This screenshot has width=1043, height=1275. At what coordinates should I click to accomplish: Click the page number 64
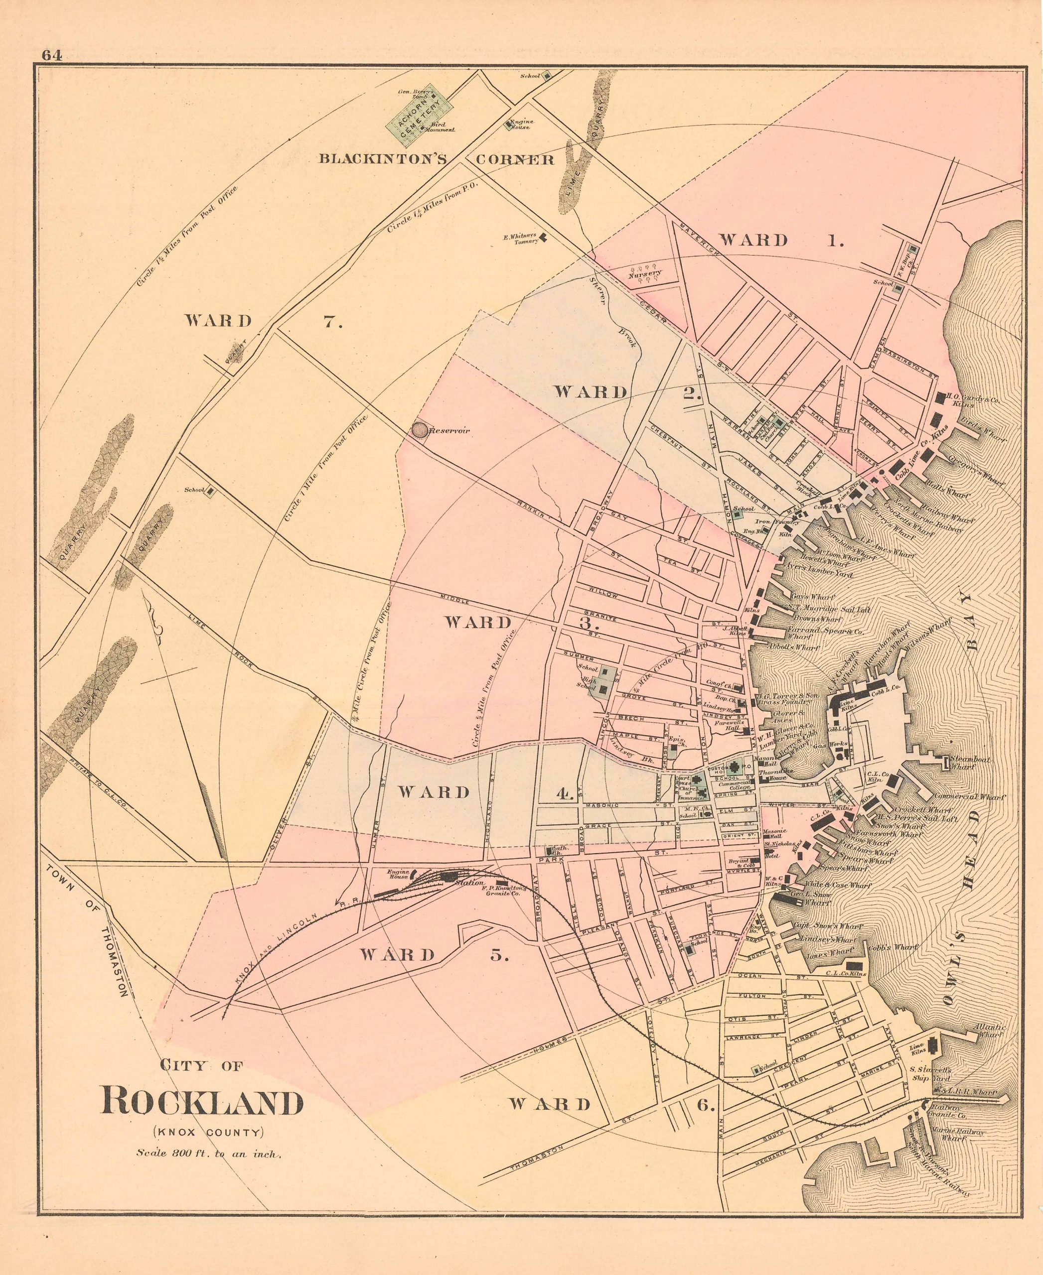click(x=52, y=55)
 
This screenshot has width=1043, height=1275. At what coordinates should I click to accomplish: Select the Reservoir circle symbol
click(x=420, y=430)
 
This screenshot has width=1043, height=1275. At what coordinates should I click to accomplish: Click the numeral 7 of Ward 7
click(x=333, y=321)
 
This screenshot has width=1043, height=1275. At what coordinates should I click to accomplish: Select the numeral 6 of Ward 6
click(x=706, y=1103)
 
